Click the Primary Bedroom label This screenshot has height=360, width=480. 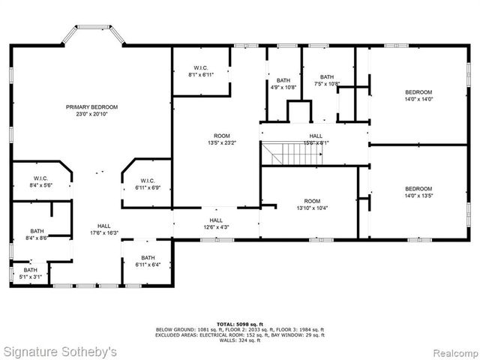pos(91,111)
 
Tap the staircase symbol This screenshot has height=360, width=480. pos(290,155)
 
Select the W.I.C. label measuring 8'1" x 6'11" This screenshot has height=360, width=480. pos(201,72)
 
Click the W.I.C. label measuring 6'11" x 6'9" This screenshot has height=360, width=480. pos(147,184)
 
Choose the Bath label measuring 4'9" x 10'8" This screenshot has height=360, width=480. pos(283,83)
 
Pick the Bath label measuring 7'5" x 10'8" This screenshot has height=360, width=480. pos(327,80)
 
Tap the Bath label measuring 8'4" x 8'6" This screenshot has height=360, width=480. pos(37,235)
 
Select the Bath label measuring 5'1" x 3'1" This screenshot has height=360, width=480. pos(30,273)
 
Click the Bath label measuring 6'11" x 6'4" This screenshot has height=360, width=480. pos(147,261)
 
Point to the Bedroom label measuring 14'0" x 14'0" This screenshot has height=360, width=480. pos(418,96)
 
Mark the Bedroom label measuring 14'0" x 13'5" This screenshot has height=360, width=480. pos(418,192)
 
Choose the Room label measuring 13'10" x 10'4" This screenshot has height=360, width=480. pos(312,205)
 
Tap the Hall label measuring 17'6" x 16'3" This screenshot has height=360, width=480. pos(103,229)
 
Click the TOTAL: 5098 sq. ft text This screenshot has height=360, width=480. pos(240,322)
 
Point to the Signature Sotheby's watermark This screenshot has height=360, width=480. pos(61,350)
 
